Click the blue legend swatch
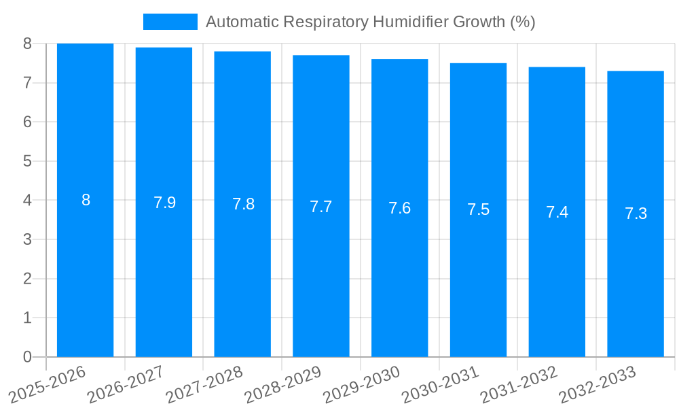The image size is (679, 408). click(x=170, y=22)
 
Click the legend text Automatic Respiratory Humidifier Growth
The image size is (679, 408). click(x=370, y=22)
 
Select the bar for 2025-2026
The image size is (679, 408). click(x=85, y=272)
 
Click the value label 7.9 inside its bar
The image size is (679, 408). click(x=164, y=203)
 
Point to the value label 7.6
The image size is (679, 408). click(x=399, y=208)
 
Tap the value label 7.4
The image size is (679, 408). click(x=557, y=212)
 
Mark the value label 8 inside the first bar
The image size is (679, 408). click(x=86, y=200)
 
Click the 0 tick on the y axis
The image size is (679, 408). click(x=27, y=357)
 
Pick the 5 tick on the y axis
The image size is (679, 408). click(x=27, y=161)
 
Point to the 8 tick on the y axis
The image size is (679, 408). click(x=27, y=44)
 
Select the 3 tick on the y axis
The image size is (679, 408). click(x=27, y=239)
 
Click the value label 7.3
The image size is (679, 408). click(x=636, y=214)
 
